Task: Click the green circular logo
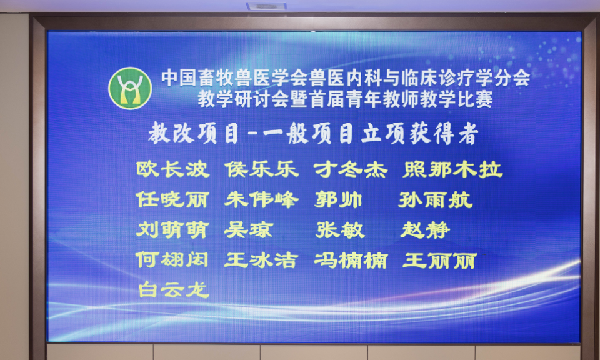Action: (130, 88)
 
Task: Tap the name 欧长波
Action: (172, 169)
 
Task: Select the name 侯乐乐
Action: (261, 169)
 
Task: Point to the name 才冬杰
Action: (351, 169)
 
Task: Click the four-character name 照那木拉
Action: (452, 169)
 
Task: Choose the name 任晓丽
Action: (172, 200)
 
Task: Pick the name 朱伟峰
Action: (261, 200)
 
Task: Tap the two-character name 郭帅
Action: (338, 200)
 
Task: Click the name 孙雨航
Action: (436, 200)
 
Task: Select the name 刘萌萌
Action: (172, 230)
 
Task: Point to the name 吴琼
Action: (249, 230)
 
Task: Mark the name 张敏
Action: (340, 230)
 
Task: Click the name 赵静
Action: (425, 230)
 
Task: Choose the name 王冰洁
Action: (261, 261)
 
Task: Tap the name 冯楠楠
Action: (351, 261)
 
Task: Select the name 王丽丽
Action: (439, 261)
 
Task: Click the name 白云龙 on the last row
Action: (174, 289)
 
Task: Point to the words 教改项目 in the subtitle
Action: (194, 134)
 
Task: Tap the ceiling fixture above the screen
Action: (266, 6)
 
